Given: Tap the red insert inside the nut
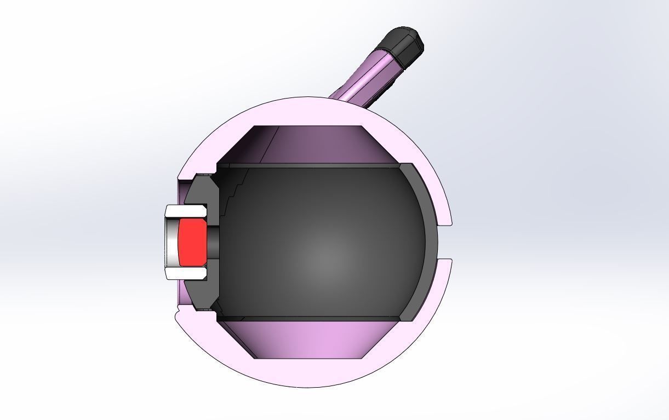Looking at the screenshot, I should click(192, 241).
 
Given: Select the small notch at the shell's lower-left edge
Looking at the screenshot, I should click(178, 315).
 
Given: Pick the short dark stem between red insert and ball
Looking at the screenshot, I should click(213, 241).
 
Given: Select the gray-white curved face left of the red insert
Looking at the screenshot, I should click(173, 241).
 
